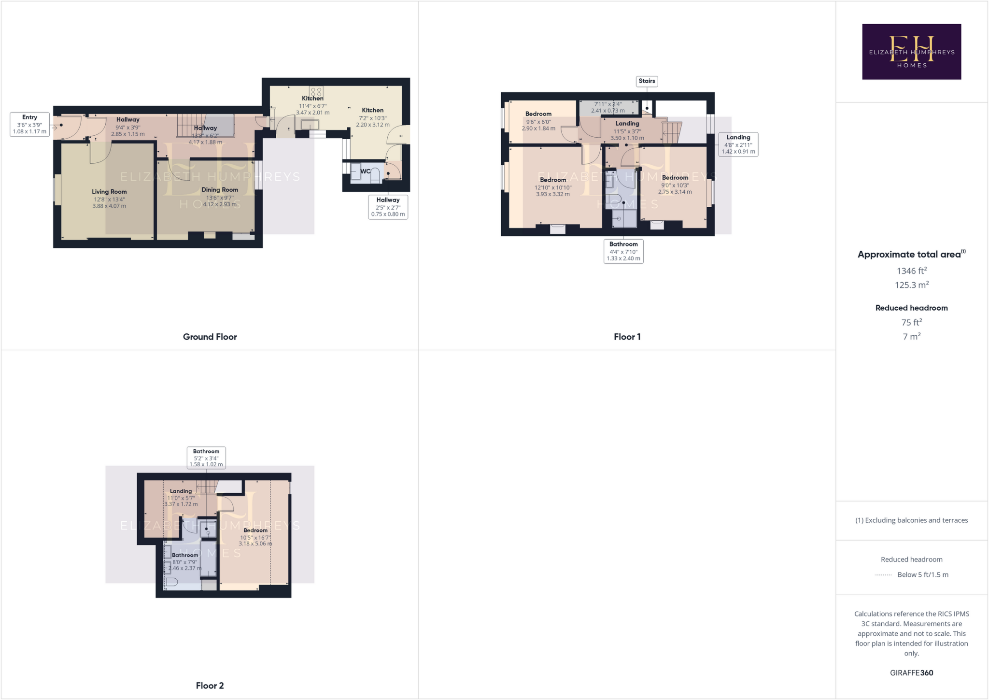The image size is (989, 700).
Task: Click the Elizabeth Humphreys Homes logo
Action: (x=911, y=52)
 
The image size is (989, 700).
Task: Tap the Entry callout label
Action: (x=29, y=124)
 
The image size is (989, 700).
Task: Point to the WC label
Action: (x=366, y=171)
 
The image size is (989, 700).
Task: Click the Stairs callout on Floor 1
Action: (x=647, y=81)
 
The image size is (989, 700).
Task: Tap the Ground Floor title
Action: (x=210, y=337)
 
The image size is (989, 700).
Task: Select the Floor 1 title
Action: (x=627, y=337)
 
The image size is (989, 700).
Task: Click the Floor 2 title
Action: (x=210, y=686)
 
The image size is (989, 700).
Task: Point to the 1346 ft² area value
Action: (x=911, y=271)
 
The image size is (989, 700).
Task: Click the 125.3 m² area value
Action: (x=911, y=285)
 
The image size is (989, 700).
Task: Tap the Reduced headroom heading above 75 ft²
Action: (x=911, y=308)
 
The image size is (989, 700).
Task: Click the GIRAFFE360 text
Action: (x=911, y=673)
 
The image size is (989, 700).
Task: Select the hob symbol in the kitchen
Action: (x=316, y=92)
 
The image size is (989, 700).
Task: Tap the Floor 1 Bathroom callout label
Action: (x=623, y=251)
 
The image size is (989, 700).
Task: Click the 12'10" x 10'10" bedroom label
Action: (x=553, y=187)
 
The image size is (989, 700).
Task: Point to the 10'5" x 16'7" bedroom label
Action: (x=255, y=537)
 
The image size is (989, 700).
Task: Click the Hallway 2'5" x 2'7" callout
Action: (x=388, y=207)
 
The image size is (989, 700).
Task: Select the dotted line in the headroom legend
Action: (x=883, y=575)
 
